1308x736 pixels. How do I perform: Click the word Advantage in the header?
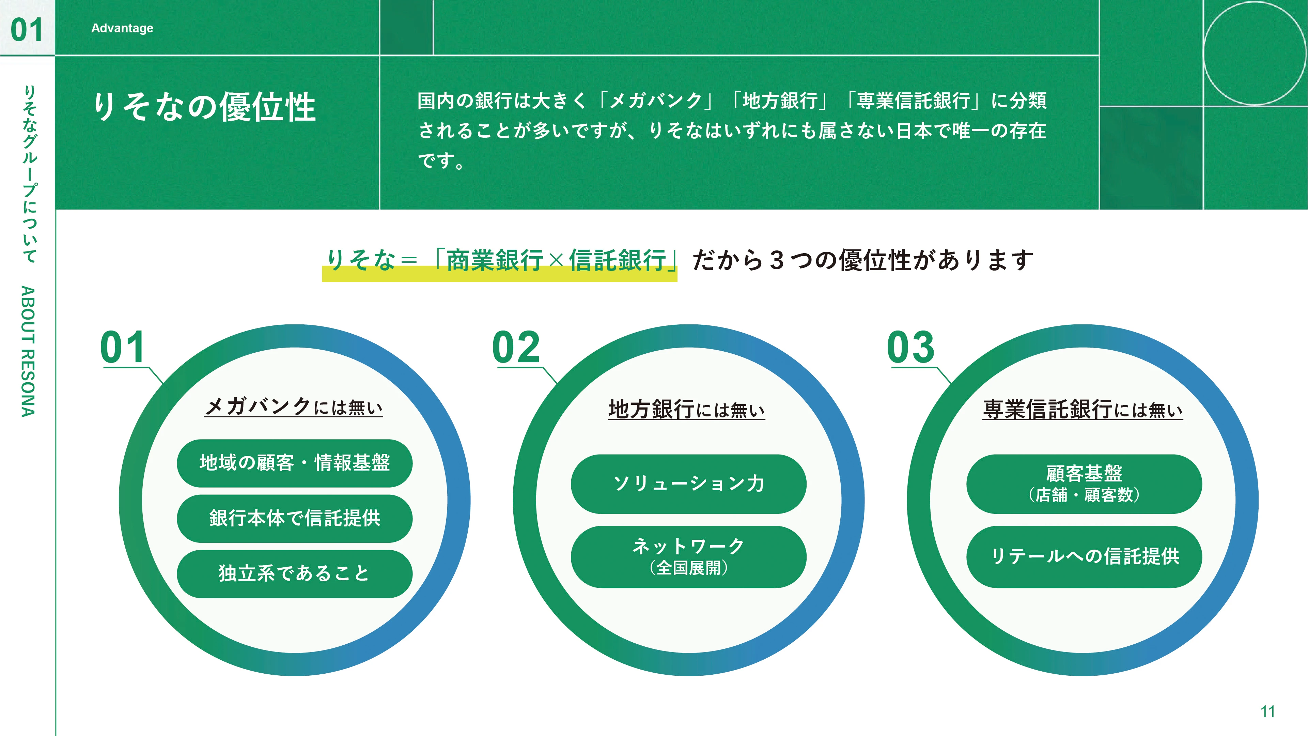[122, 28]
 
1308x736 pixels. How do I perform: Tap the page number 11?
[1267, 711]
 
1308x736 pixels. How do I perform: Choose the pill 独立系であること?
[295, 574]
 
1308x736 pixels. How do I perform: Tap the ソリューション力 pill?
[688, 484]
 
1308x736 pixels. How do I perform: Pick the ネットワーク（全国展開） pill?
[688, 557]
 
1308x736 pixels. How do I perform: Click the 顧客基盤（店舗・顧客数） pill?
[1084, 484]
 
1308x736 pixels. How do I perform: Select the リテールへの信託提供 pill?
[1084, 557]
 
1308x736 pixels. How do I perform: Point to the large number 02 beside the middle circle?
[516, 348]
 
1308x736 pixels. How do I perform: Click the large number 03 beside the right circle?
[910, 348]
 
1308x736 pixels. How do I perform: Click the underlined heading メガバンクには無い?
[294, 407]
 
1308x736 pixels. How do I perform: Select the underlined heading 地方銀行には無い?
[686, 409]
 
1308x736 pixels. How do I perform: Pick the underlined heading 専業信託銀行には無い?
[1083, 409]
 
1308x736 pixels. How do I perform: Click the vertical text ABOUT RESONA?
[28, 352]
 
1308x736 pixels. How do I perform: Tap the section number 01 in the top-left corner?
[27, 29]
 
